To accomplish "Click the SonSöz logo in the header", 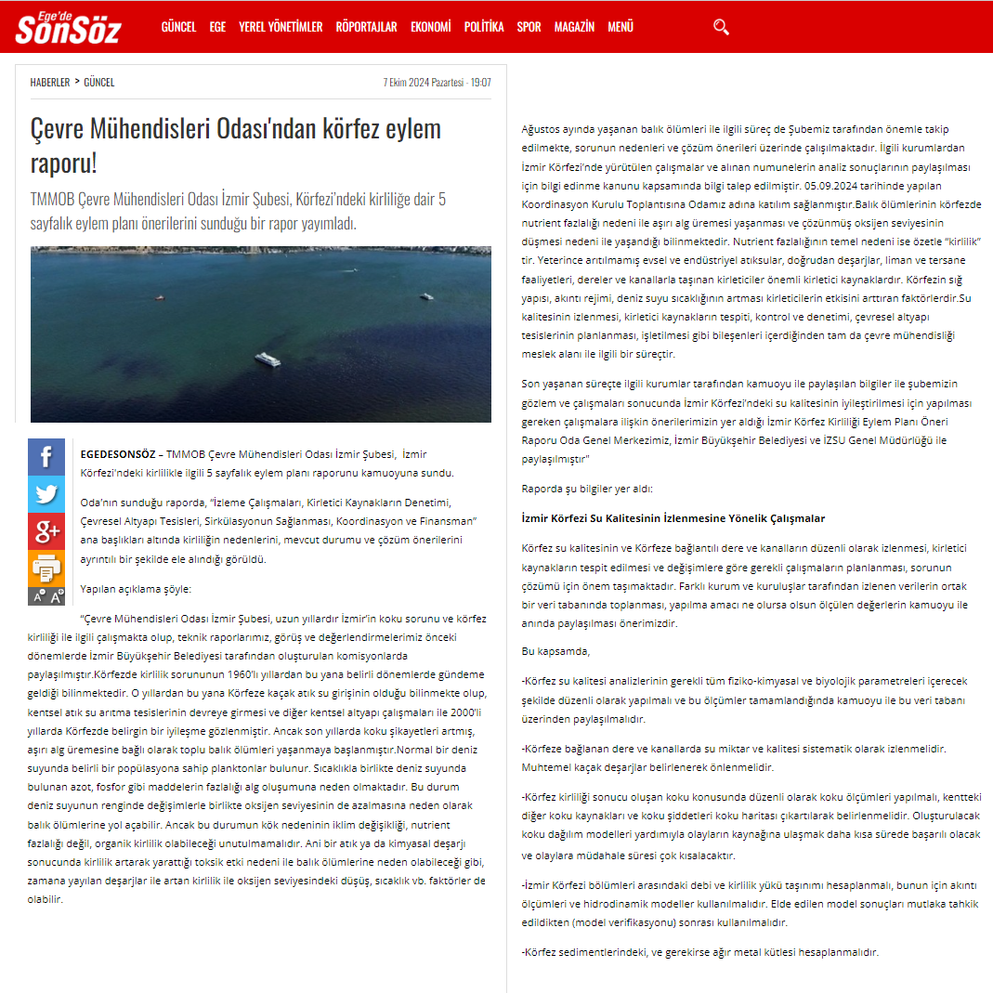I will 68,28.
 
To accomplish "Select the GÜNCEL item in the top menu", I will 178,27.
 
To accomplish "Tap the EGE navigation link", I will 217,27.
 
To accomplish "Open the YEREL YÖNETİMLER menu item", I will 281,27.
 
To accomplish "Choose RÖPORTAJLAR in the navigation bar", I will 366,27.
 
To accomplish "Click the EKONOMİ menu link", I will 431,27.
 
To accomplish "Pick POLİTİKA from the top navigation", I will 484,27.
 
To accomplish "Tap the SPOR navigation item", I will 529,27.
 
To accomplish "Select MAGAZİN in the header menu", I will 574,27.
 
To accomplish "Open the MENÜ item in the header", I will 621,27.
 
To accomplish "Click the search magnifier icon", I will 721,27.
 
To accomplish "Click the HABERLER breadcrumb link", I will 49,82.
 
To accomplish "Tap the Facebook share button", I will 46,457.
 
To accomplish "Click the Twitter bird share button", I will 46,494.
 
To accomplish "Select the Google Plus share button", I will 46,531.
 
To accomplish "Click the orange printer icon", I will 46,568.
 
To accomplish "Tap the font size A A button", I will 46,595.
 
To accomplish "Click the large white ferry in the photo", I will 268,358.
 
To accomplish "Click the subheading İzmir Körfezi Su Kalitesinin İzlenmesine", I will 673,518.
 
